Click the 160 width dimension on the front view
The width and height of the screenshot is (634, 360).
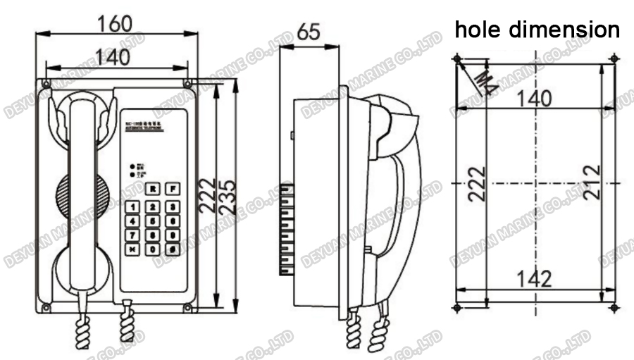(x=116, y=23)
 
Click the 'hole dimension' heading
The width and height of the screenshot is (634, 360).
(x=537, y=30)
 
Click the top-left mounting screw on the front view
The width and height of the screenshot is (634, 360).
(x=46, y=85)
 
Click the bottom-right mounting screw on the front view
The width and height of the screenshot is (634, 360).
(x=187, y=308)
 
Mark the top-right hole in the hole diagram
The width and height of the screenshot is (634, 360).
(x=614, y=57)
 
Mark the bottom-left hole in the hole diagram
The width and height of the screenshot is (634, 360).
(x=457, y=309)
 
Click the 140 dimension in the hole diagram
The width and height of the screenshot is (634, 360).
(x=533, y=99)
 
